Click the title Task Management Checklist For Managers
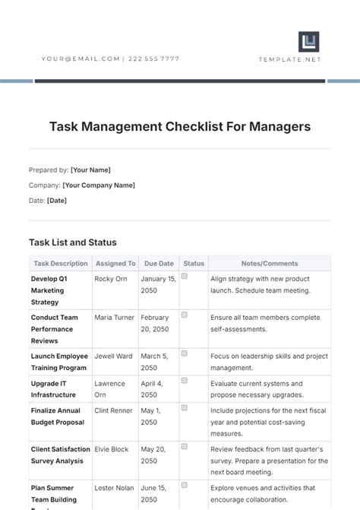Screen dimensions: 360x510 pos(180,126)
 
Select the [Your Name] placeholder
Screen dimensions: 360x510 pos(90,170)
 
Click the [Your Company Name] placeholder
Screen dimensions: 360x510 pos(99,185)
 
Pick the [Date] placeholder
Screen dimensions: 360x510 pos(57,200)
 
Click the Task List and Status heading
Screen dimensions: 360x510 pos(73,242)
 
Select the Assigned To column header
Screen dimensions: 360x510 pos(115,264)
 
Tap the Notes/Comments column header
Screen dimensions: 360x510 pos(270,264)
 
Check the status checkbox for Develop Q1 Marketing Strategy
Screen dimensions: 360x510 pos(184,277)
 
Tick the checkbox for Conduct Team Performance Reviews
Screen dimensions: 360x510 pos(184,314)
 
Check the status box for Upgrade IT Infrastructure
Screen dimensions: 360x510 pos(184,383)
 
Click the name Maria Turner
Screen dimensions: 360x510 pos(115,318)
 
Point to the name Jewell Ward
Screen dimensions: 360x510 pos(114,356)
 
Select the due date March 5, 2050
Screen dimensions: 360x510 pos(155,361)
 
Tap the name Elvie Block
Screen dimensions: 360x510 pos(112,449)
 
